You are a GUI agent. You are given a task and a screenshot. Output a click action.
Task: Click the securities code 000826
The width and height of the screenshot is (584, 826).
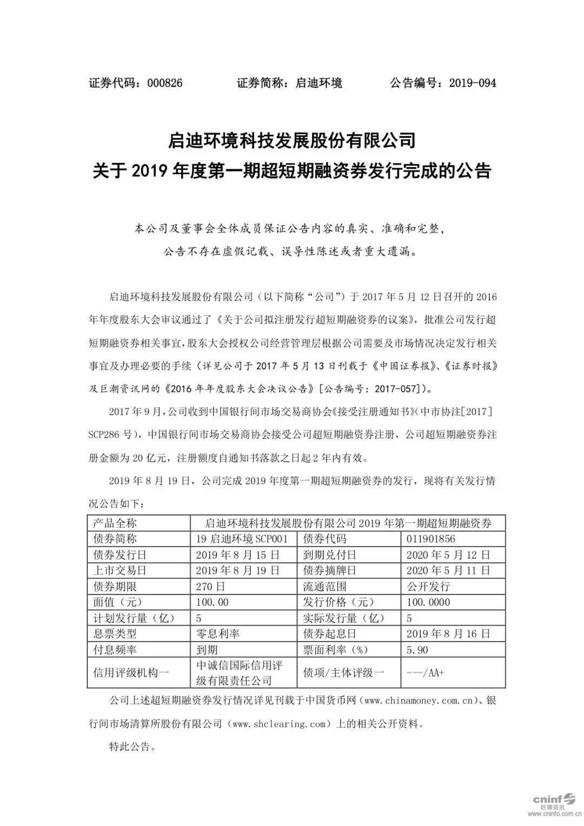(162, 83)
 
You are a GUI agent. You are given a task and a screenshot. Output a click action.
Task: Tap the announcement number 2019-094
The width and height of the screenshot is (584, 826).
(472, 83)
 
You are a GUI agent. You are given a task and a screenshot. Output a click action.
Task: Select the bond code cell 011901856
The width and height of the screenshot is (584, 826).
(431, 539)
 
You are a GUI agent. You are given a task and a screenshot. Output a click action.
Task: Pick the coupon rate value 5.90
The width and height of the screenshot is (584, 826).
(417, 650)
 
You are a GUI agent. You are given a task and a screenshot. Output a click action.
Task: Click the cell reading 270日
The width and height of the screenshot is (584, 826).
(211, 586)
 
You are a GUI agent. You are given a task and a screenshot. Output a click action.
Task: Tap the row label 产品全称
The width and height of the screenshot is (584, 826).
(115, 523)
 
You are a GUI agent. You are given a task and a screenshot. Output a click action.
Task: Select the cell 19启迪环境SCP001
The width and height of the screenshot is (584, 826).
(242, 539)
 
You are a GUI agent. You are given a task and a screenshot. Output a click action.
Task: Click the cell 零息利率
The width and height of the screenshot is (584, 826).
(218, 634)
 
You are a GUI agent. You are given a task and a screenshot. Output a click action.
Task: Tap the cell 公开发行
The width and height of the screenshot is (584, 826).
(428, 586)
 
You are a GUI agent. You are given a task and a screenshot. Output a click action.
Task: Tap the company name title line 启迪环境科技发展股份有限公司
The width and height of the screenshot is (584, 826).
(291, 141)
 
